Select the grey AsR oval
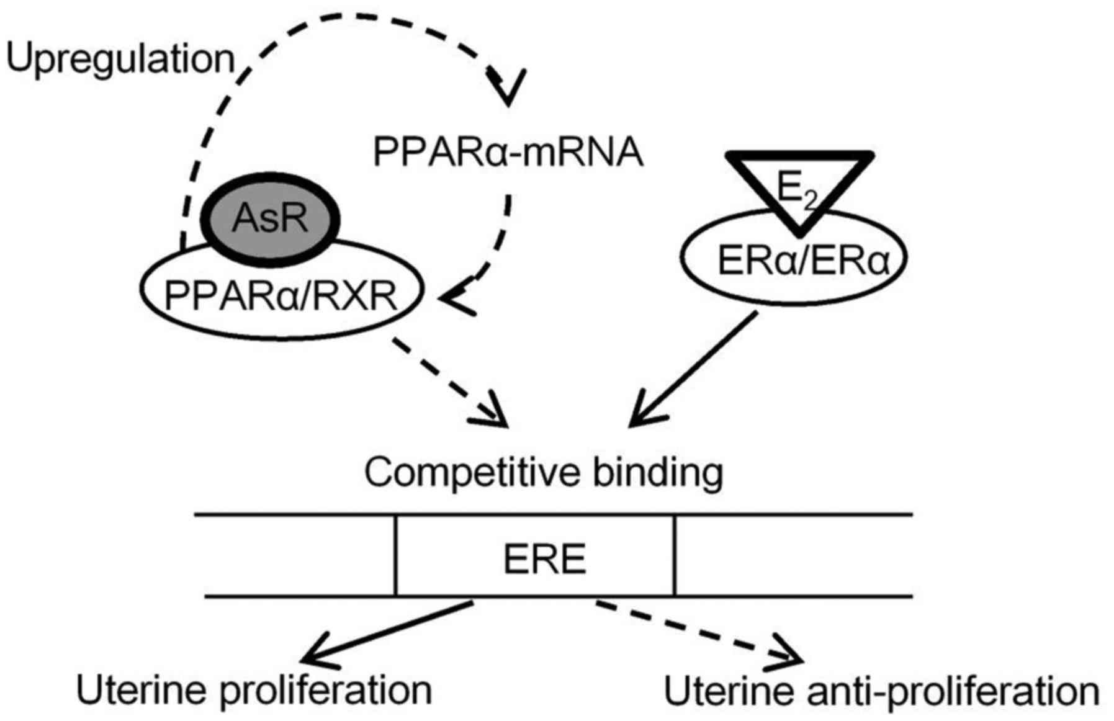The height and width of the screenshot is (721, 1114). [x=271, y=218]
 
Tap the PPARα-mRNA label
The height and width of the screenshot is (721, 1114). [x=508, y=152]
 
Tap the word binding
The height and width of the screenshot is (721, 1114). [x=658, y=473]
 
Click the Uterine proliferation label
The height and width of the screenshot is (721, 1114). [x=254, y=691]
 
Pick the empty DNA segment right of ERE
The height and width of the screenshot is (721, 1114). [x=793, y=556]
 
